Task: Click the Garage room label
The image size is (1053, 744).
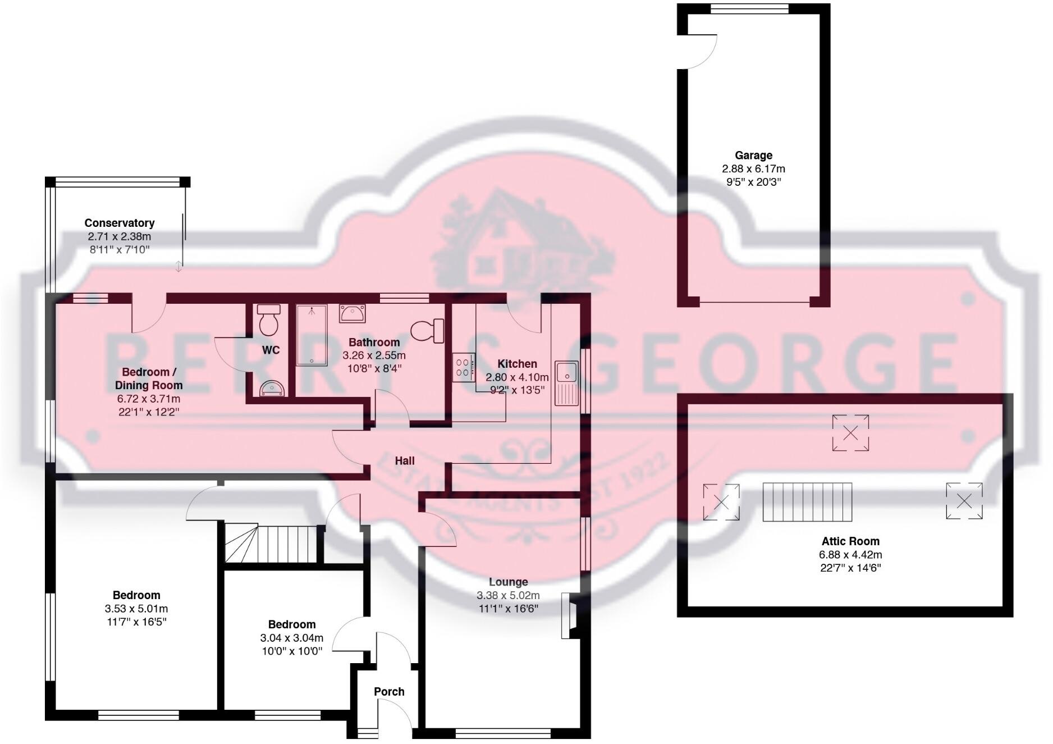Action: click(x=753, y=156)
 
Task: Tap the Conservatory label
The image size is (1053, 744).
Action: click(x=119, y=223)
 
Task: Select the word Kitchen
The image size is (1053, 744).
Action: click(x=517, y=364)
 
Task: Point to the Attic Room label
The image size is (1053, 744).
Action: click(x=850, y=541)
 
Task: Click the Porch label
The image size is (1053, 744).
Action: click(x=389, y=692)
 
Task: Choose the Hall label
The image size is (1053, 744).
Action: click(x=404, y=461)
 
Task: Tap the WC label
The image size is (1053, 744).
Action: click(x=271, y=350)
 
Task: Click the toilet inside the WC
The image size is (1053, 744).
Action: click(x=268, y=320)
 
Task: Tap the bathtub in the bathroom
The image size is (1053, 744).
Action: click(x=312, y=335)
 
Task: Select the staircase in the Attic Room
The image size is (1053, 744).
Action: click(x=807, y=502)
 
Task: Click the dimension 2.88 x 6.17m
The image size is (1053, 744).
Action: click(x=753, y=169)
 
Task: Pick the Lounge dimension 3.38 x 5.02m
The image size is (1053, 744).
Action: click(x=508, y=596)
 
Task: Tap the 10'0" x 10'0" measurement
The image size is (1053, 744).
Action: click(x=291, y=651)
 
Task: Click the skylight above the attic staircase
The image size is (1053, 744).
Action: click(x=850, y=433)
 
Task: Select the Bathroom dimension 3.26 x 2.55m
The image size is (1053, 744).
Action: click(x=374, y=355)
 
